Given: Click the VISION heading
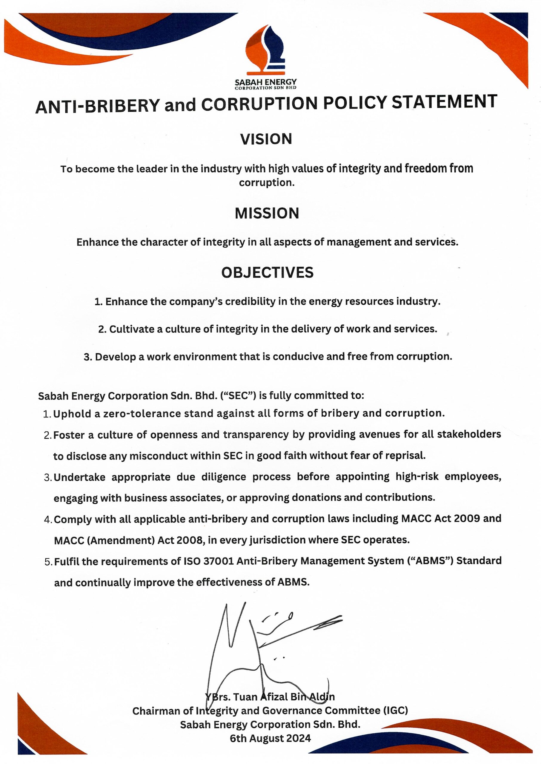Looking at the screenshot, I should tap(266, 139).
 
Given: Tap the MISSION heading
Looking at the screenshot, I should tap(267, 213).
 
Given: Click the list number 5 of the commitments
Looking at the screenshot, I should tap(48, 562).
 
